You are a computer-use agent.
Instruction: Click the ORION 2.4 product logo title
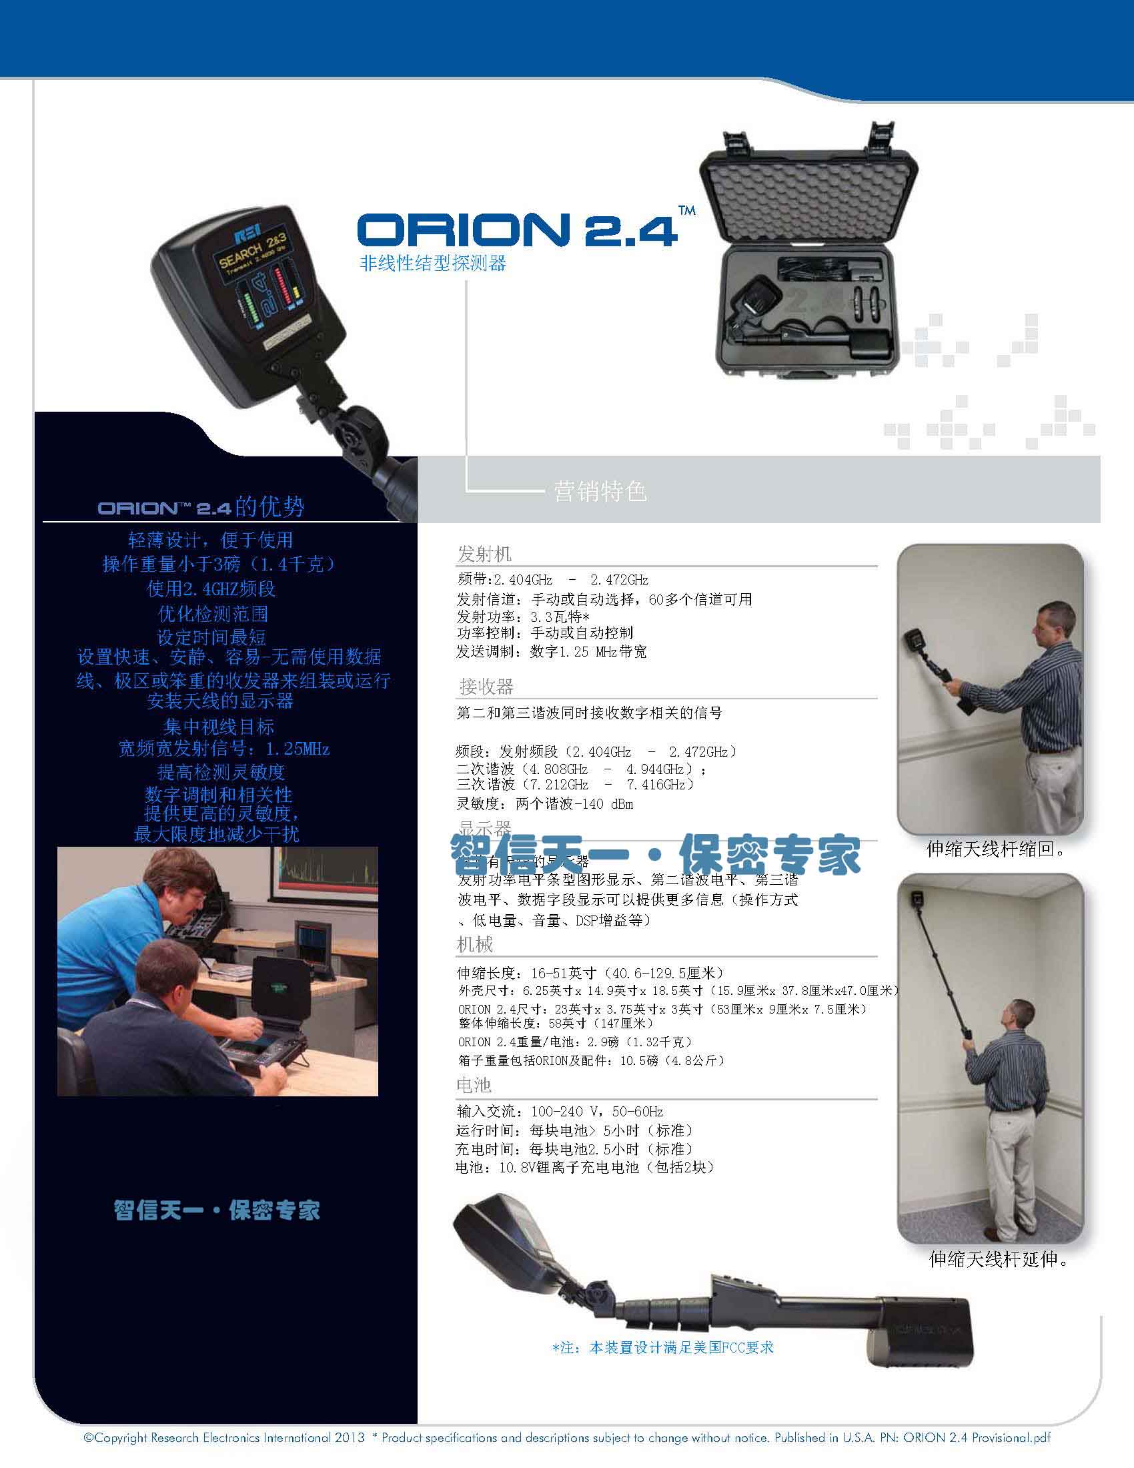click(x=517, y=230)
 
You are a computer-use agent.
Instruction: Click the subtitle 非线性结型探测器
click(x=433, y=264)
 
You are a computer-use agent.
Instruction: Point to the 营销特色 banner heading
click(x=600, y=491)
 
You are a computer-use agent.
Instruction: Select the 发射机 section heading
click(x=484, y=554)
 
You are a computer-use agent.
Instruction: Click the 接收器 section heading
click(x=486, y=686)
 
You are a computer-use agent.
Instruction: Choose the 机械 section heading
click(x=475, y=944)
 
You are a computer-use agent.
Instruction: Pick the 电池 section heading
click(x=474, y=1085)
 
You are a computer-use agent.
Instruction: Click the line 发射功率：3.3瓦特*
click(x=524, y=617)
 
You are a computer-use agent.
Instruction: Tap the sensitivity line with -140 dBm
click(x=545, y=804)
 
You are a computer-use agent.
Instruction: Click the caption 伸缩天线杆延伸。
click(x=999, y=1259)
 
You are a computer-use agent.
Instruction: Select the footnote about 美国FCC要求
click(x=662, y=1347)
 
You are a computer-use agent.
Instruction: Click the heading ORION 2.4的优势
click(x=201, y=507)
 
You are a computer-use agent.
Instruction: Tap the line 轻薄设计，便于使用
click(x=210, y=540)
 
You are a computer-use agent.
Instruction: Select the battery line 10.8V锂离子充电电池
click(x=584, y=1167)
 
